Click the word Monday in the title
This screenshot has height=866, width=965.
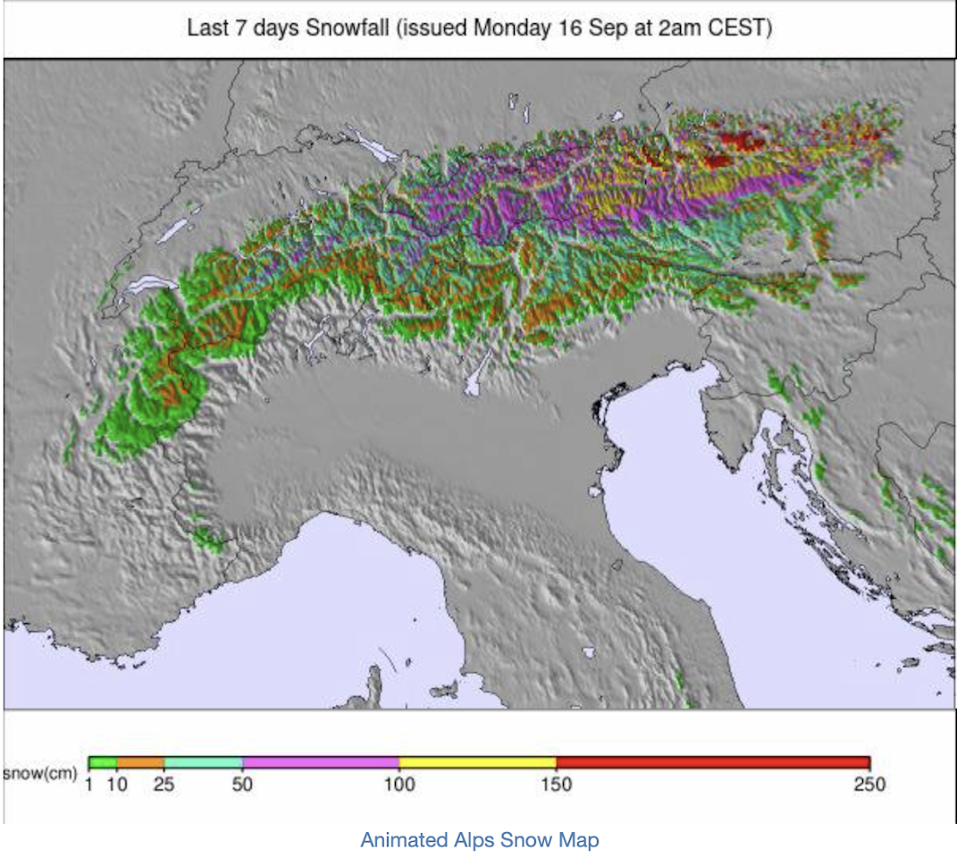point(511,28)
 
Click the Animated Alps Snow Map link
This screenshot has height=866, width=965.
point(480,840)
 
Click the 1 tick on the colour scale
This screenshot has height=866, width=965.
point(89,785)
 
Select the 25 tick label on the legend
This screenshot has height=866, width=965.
point(164,785)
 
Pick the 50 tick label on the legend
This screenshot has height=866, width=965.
point(243,785)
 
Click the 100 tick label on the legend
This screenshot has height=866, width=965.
point(399,785)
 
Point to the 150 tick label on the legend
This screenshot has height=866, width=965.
point(556,785)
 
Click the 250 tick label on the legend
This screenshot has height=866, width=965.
point(868,785)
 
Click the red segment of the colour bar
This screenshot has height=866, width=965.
point(712,762)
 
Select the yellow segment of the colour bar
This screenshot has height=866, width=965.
point(477,762)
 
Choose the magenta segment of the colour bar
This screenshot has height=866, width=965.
point(321,762)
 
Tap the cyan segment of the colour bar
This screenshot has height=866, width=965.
point(204,762)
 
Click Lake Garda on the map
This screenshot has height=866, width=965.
point(476,375)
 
